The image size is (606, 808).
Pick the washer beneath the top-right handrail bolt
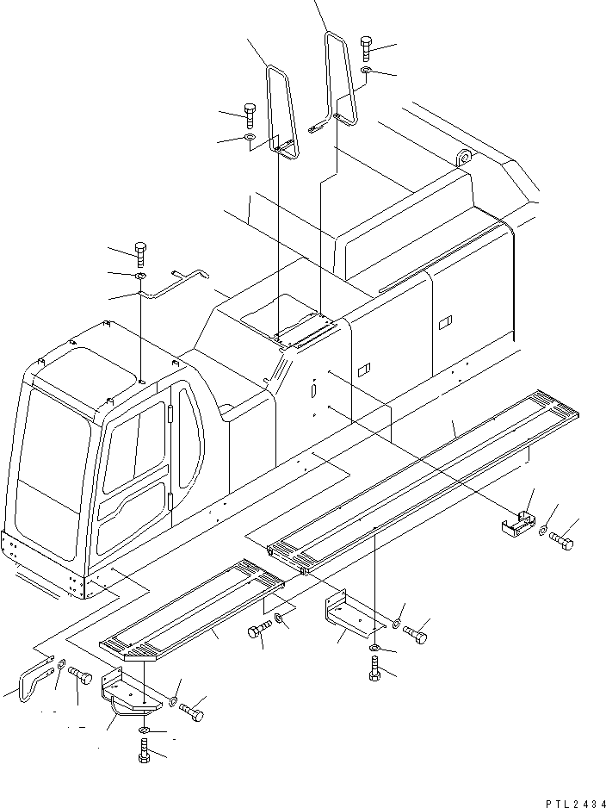coord(366,71)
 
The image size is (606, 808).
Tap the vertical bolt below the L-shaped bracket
coord(376,668)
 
